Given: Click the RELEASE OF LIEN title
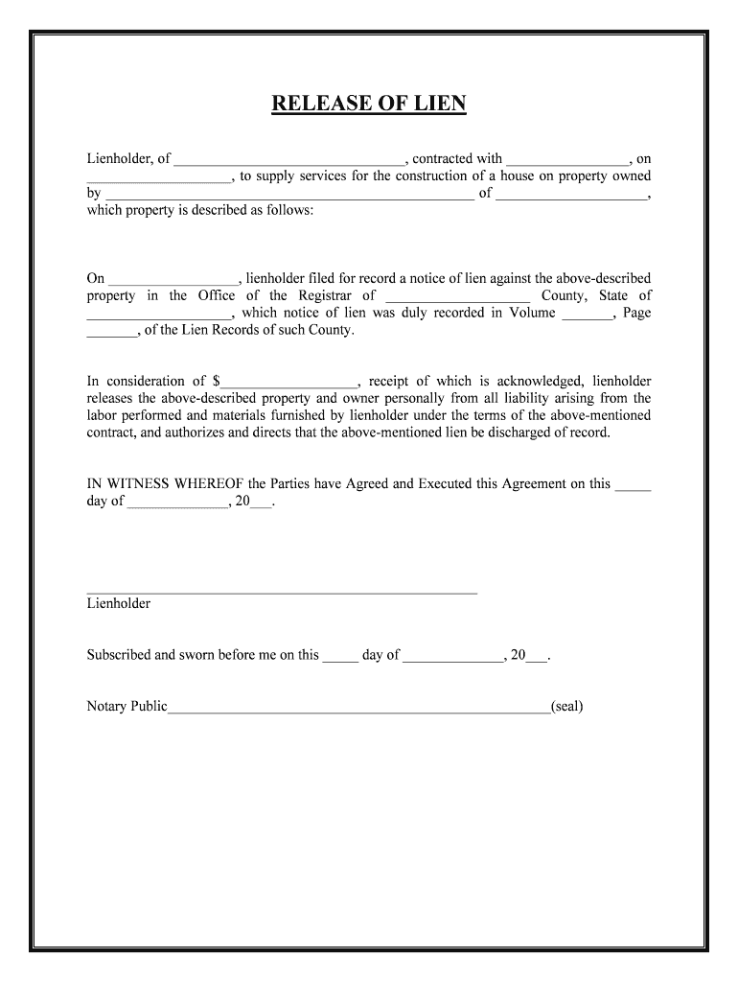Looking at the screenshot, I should point(368,104).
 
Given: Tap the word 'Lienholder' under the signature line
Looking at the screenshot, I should point(119,604).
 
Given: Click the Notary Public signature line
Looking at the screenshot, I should point(358,710).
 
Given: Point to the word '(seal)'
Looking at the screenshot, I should point(567,707).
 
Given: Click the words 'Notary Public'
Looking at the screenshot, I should point(127,707).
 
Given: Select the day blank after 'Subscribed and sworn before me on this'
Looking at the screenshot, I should point(340,658).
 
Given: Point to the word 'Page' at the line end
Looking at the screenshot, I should point(636,313).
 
